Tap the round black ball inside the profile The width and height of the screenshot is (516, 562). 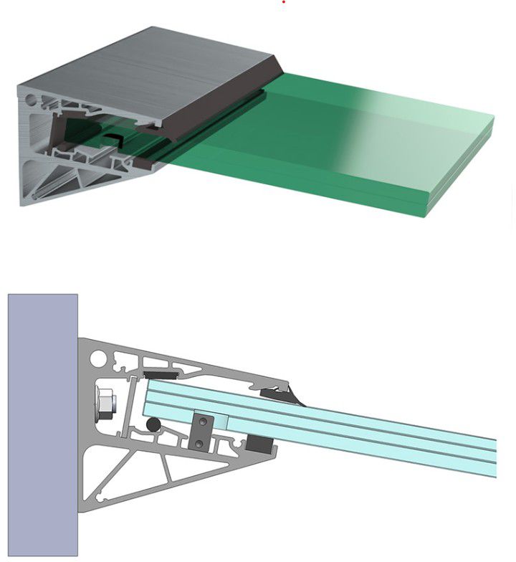click(153, 425)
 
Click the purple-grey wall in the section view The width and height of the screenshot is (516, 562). click(42, 423)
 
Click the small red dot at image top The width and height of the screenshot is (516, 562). click(284, 2)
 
